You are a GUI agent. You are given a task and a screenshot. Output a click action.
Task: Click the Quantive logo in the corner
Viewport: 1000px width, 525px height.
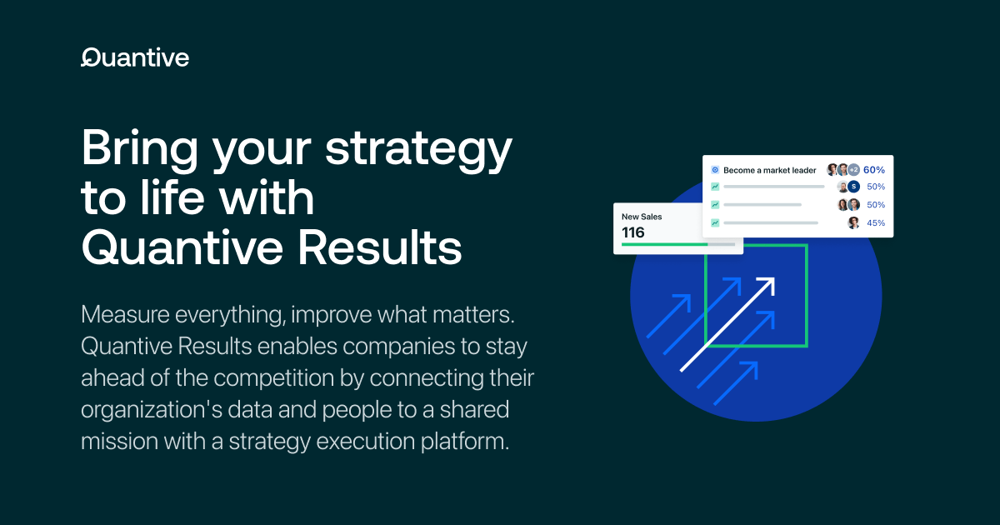pyautogui.click(x=134, y=57)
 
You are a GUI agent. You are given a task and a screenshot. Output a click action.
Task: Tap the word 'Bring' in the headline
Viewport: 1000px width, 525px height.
pyautogui.click(x=139, y=151)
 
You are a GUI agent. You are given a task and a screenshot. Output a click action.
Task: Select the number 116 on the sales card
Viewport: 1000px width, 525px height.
pyautogui.click(x=633, y=232)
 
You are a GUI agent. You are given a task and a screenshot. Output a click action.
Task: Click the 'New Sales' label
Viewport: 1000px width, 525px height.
pyautogui.click(x=642, y=217)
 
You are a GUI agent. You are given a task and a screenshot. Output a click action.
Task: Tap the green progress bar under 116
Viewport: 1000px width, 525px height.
pyautogui.click(x=664, y=245)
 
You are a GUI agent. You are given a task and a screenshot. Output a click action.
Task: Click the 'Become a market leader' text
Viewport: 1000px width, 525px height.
pyautogui.click(x=769, y=170)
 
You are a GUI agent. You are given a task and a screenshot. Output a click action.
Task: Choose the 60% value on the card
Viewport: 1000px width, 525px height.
pyautogui.click(x=874, y=170)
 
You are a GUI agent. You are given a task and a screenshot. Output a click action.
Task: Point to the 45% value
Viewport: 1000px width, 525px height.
pyautogui.click(x=876, y=222)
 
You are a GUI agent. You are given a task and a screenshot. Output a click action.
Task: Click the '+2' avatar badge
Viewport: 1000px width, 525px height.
pyautogui.click(x=853, y=170)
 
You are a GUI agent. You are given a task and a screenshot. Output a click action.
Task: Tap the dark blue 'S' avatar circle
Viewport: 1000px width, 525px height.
pyautogui.click(x=853, y=187)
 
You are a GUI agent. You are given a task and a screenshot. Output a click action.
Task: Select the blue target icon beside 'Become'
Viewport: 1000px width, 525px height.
pyautogui.click(x=715, y=170)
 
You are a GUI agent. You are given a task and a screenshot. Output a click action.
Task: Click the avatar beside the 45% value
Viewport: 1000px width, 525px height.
pyautogui.click(x=853, y=222)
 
